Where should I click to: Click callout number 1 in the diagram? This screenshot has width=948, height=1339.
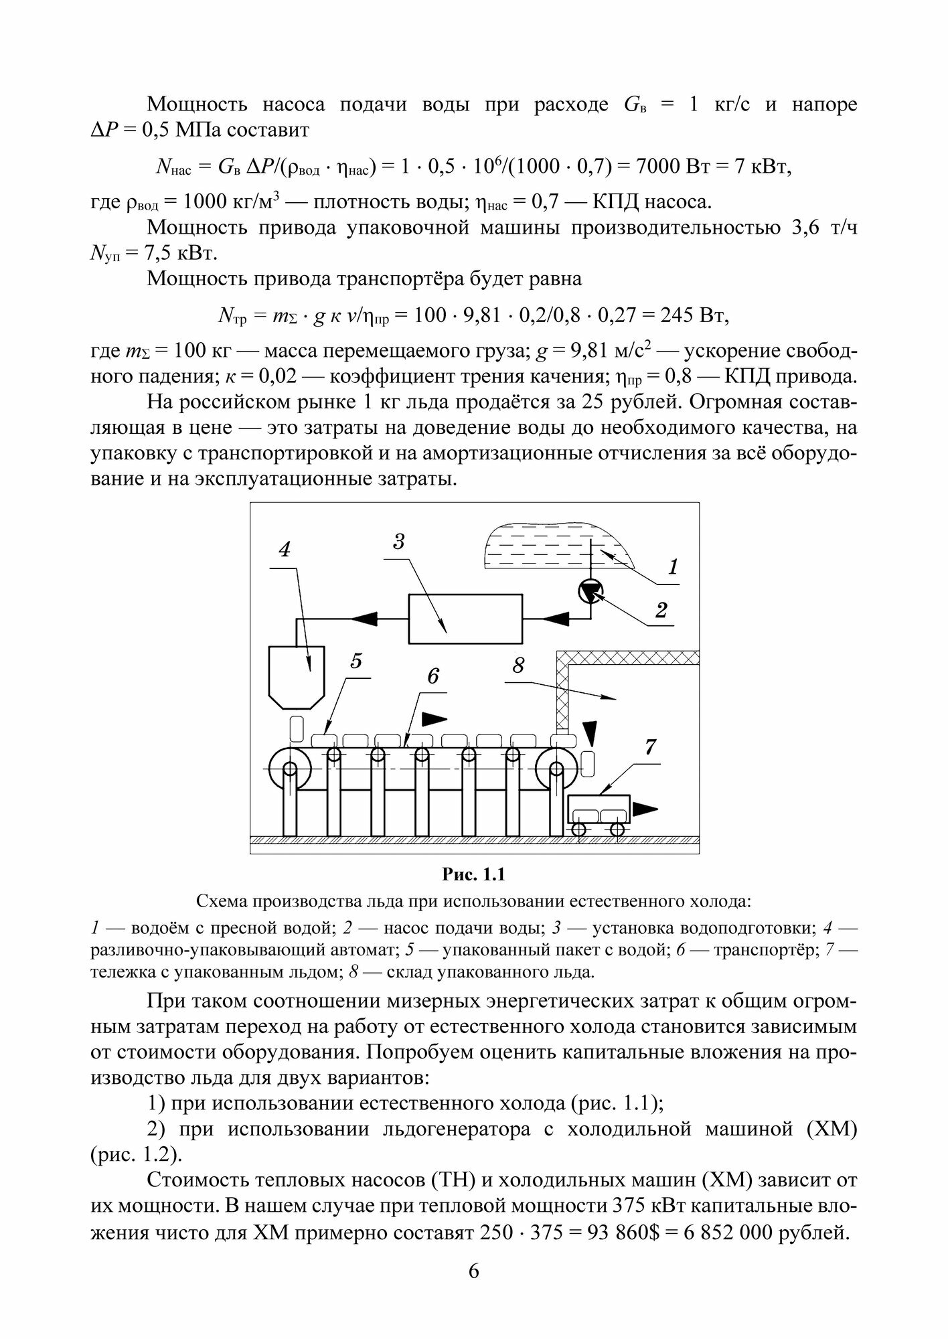click(x=672, y=567)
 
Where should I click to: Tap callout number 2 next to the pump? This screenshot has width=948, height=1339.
click(x=661, y=610)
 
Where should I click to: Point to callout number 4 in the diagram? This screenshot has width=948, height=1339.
click(x=285, y=550)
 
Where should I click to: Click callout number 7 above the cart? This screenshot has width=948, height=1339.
click(x=650, y=746)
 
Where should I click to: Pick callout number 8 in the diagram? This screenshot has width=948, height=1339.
click(x=518, y=666)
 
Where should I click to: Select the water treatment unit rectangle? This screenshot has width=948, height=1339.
click(x=465, y=618)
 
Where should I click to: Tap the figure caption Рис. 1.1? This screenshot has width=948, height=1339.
click(x=473, y=874)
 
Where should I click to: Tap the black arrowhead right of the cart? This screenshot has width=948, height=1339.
click(x=646, y=809)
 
